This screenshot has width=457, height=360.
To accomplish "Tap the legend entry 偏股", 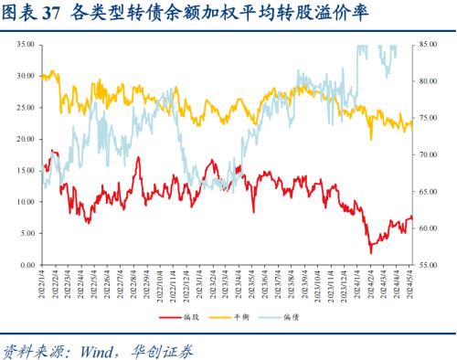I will coord(189,317).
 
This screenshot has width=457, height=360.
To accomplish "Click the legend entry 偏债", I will coord(292,317).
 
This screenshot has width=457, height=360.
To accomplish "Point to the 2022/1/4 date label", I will coord(42,284).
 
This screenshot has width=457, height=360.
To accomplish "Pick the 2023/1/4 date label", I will coord(199,284).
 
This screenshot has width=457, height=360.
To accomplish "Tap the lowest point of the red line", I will coord(371,251).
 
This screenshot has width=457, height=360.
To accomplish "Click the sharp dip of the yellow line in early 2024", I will coord(370,139).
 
